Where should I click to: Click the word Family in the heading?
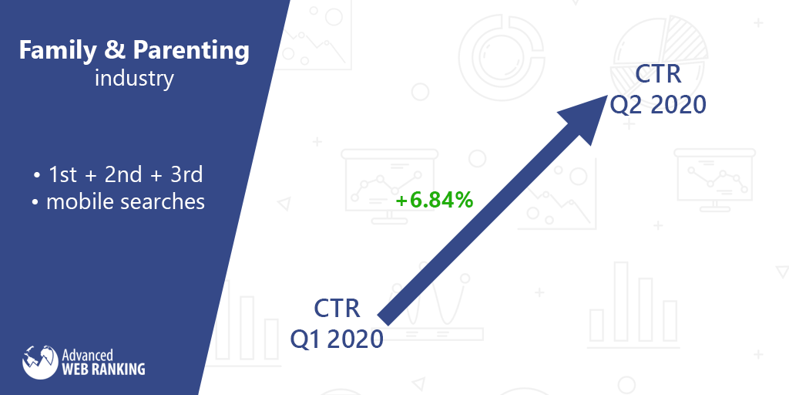[57, 50]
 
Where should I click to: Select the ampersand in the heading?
[115, 51]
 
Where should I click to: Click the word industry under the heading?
[134, 79]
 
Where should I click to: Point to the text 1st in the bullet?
[62, 175]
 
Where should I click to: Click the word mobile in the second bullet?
[79, 201]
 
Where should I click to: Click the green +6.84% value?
[435, 200]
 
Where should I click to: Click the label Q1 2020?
[336, 339]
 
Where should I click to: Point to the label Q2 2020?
[658, 105]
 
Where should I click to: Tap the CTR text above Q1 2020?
[337, 309]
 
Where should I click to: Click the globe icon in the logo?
[40, 362]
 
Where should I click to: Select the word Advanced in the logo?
[87, 355]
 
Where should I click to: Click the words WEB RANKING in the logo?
[103, 369]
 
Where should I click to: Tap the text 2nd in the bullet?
[123, 175]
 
